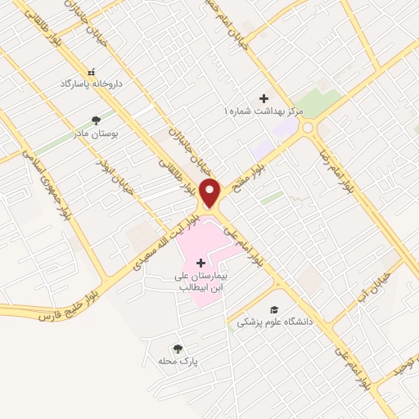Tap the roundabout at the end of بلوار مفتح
click(308, 127)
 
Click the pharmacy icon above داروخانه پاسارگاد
click(91, 72)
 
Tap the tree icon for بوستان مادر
click(96, 119)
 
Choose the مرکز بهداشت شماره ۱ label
click(264, 110)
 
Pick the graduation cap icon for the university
click(275, 309)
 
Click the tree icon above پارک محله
click(178, 348)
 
